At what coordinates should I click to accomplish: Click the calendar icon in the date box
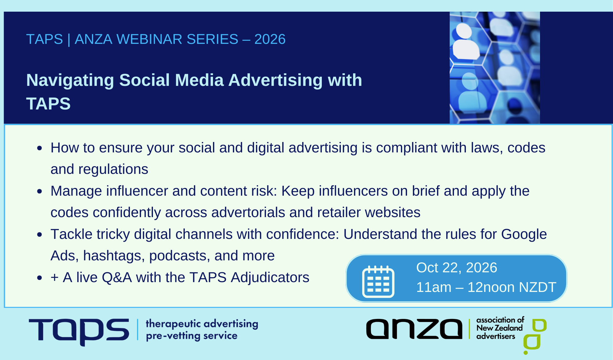tap(378, 281)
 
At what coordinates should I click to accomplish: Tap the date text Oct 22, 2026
tap(456, 268)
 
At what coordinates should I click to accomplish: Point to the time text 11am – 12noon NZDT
tap(486, 287)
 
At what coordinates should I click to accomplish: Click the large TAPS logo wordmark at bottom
tap(79, 331)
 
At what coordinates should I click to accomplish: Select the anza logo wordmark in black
tap(414, 329)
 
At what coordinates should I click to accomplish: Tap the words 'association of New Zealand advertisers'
tap(500, 328)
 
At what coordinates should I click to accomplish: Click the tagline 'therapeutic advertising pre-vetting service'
tap(202, 330)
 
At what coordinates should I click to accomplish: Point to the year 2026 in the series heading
tap(270, 39)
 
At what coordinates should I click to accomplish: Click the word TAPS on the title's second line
tap(48, 104)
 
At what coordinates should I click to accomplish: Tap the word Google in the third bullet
tap(524, 234)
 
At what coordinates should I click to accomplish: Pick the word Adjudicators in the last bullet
tap(270, 278)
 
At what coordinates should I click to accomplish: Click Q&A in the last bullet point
tap(116, 278)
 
